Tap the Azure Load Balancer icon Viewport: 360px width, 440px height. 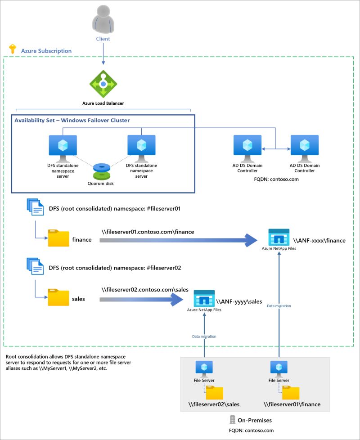coord(103,84)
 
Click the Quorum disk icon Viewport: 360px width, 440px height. coord(102,171)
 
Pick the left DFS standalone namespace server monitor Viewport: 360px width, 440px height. coord(63,147)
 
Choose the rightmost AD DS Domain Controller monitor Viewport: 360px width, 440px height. coord(305,147)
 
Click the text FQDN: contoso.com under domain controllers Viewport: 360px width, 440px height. coord(276,179)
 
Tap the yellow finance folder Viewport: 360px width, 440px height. coord(58,239)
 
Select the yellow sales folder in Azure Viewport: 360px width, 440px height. coord(58,297)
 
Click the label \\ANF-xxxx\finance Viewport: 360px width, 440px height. coord(319,241)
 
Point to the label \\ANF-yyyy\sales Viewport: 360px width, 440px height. coord(239,301)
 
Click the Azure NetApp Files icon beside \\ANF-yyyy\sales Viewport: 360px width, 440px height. coord(204,298)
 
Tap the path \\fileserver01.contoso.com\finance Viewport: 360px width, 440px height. coord(148,232)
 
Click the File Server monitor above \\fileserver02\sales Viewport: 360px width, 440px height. coord(201,368)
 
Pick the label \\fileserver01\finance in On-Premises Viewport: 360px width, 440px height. coord(292,404)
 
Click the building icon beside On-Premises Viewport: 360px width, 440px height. coord(233,420)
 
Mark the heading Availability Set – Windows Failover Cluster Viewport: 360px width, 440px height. coord(72,121)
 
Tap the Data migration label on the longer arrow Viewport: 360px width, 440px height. coord(279,306)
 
